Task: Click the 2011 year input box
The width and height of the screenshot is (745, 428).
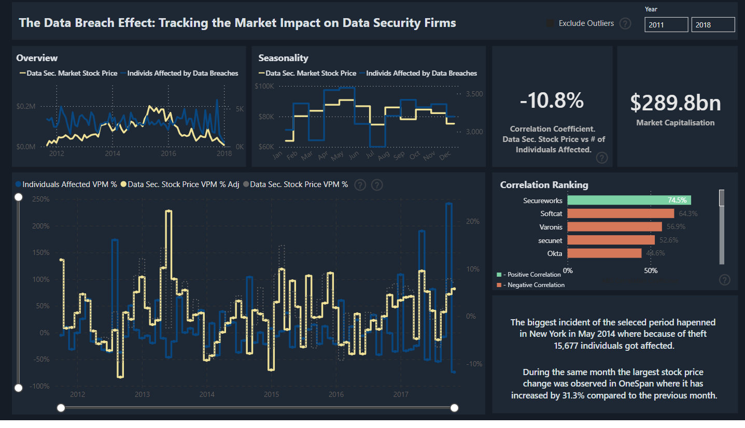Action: pos(666,25)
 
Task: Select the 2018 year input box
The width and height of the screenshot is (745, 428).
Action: pos(713,25)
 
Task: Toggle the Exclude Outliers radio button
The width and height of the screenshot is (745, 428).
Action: pos(550,23)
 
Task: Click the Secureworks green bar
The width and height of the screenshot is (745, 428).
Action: pos(629,200)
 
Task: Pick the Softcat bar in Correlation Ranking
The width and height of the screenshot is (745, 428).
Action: pos(621,213)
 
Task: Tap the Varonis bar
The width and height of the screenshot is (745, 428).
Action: pos(614,226)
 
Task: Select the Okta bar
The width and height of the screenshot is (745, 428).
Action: pos(605,253)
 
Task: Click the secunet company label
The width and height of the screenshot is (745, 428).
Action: pos(550,240)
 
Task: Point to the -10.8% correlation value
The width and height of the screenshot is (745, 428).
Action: pos(552,101)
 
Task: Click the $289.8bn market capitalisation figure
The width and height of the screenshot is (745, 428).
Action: pos(675,103)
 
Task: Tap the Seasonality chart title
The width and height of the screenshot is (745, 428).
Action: pos(283,58)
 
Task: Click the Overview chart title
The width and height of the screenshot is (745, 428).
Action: pos(37,58)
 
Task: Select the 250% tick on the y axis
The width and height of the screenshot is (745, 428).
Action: pos(40,199)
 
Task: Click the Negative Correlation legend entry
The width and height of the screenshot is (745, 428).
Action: pos(533,285)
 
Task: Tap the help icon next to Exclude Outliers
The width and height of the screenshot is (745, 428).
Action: pos(625,23)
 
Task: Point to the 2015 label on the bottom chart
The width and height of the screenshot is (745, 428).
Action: pos(271,395)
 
